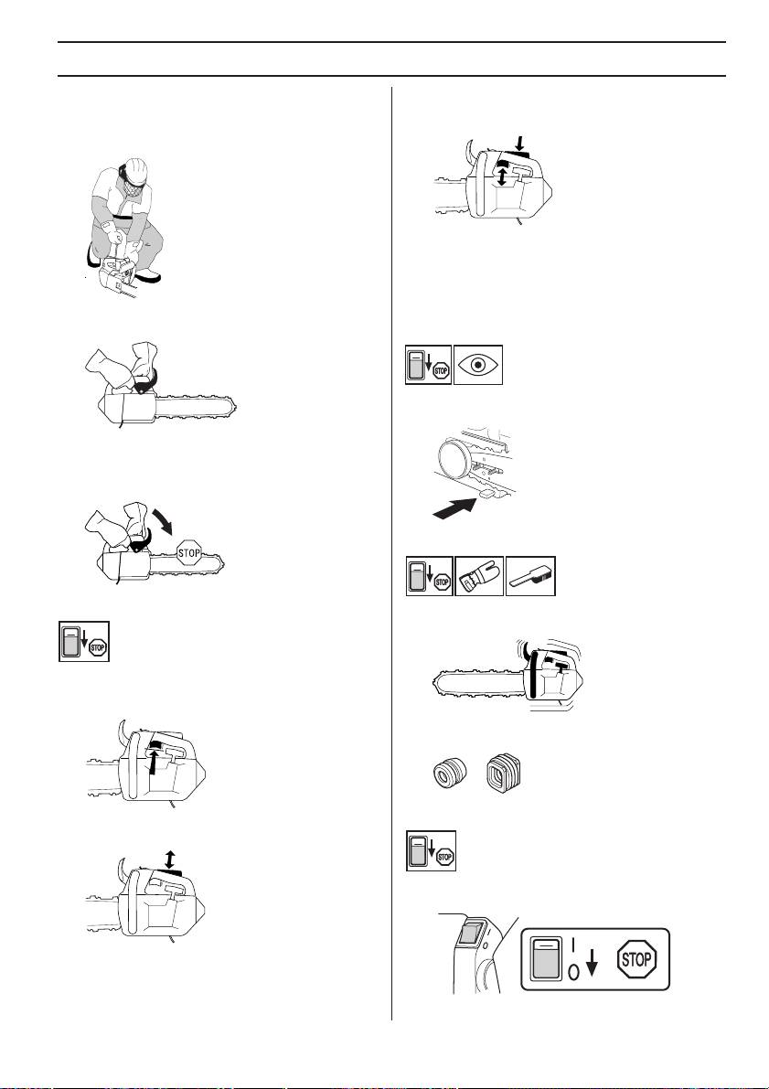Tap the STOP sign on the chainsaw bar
point(189,553)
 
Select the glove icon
point(478,578)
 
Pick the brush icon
point(529,578)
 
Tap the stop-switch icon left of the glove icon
point(428,578)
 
